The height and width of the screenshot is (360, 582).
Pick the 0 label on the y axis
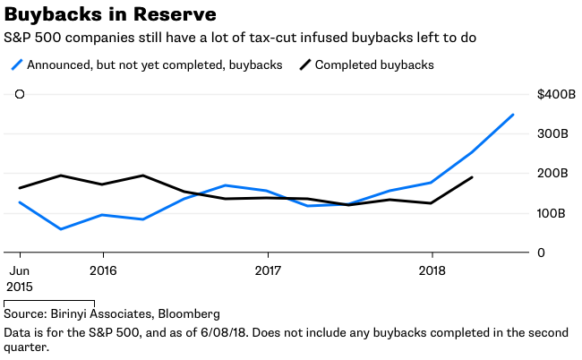(x=541, y=253)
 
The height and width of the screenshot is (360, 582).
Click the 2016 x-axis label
(x=103, y=270)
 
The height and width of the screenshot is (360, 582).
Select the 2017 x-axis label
(x=268, y=270)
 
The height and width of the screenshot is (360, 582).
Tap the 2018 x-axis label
(x=432, y=270)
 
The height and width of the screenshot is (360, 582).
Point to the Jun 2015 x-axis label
(x=20, y=277)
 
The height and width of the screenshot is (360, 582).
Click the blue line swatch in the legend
(x=15, y=65)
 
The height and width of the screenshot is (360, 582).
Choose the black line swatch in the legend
(x=304, y=65)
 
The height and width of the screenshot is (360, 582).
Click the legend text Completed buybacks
(x=375, y=65)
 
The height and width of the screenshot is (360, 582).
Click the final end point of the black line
(x=472, y=177)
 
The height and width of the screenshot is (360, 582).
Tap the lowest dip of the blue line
(x=61, y=229)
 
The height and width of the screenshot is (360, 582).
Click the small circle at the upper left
(x=20, y=94)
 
